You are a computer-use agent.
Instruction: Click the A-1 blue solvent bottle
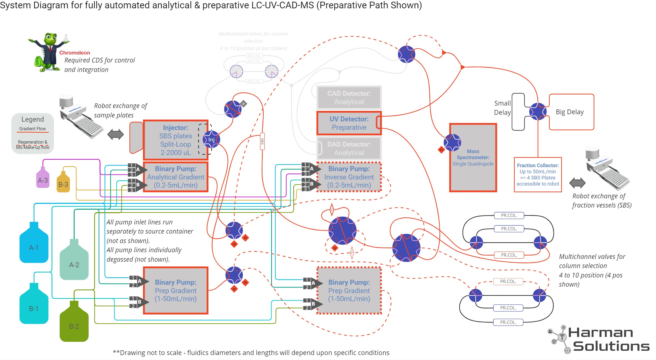click(x=34, y=244)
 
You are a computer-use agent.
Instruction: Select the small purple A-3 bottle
click(x=43, y=179)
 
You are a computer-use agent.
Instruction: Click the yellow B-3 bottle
click(x=63, y=183)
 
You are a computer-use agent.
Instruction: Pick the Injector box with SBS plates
click(x=176, y=140)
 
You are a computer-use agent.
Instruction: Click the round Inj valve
click(x=211, y=139)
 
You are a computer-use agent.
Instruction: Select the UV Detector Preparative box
click(x=349, y=123)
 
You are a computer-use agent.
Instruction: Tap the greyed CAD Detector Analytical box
click(x=349, y=97)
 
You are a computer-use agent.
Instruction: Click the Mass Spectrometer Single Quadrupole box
click(x=473, y=157)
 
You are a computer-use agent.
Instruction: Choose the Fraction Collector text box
click(x=538, y=174)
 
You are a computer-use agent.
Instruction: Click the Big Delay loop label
click(x=570, y=112)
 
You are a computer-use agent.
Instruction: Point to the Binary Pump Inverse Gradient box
click(x=349, y=177)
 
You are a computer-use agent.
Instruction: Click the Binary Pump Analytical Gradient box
click(x=176, y=177)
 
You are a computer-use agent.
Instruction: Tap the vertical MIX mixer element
click(x=262, y=142)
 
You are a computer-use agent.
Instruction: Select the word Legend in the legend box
click(x=32, y=119)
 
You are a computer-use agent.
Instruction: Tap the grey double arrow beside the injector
click(x=116, y=134)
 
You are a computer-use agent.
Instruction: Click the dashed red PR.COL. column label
click(x=508, y=281)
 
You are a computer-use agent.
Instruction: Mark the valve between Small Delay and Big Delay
click(x=538, y=111)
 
